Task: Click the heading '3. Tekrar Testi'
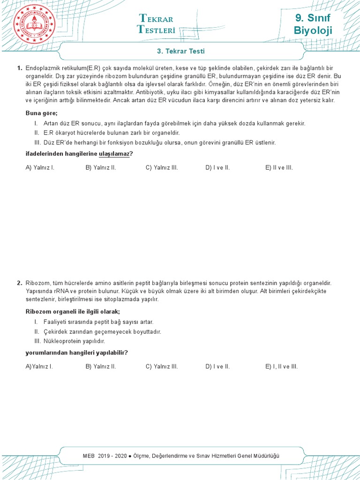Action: [x=180, y=51]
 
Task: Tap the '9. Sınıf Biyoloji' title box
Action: [x=313, y=24]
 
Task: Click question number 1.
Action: [x=19, y=68]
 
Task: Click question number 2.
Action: [x=19, y=283]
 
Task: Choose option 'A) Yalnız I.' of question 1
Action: [x=40, y=167]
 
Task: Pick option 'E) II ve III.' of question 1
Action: [x=279, y=167]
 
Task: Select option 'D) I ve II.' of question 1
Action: [x=217, y=167]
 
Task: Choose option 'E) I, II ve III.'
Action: [x=281, y=367]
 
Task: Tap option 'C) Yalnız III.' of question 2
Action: [x=162, y=367]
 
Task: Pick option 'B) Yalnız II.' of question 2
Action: [x=101, y=367]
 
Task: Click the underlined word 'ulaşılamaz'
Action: [x=114, y=154]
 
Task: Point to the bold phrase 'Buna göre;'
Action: [x=41, y=113]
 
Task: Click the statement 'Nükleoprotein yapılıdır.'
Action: [x=74, y=341]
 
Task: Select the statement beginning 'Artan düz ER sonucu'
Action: [x=174, y=123]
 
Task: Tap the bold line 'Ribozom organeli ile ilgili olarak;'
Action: [x=72, y=312]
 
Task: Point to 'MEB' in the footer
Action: [x=88, y=456]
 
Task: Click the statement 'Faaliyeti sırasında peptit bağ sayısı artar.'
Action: [x=98, y=322]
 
